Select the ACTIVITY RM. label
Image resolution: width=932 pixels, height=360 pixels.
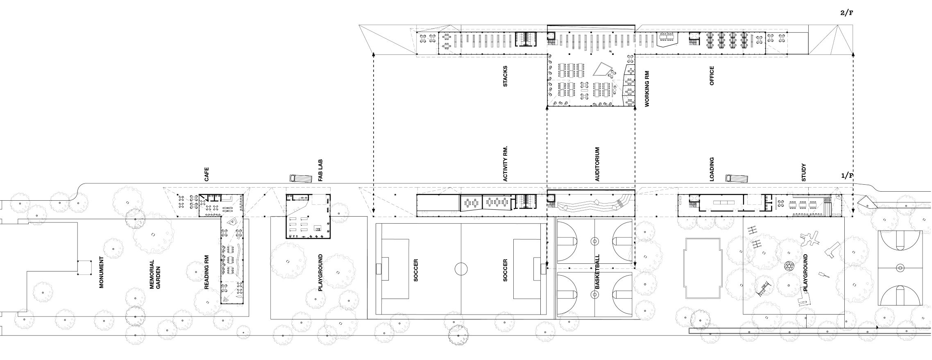(505, 164)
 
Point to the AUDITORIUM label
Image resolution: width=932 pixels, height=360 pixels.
(597, 164)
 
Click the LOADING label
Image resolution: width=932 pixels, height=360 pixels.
(712, 169)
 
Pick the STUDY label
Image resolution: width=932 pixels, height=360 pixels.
(803, 172)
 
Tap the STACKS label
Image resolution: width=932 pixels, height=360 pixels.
(505, 76)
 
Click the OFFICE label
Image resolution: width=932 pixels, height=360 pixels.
(712, 76)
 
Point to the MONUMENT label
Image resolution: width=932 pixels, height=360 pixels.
(101, 272)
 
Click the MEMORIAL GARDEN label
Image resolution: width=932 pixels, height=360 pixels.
(154, 274)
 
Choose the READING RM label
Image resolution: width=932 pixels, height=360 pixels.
(207, 272)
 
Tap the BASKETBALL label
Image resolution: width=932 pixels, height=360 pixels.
(597, 272)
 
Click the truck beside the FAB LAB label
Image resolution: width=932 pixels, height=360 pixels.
(298, 178)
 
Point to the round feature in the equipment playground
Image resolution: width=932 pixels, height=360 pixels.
(788, 266)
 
